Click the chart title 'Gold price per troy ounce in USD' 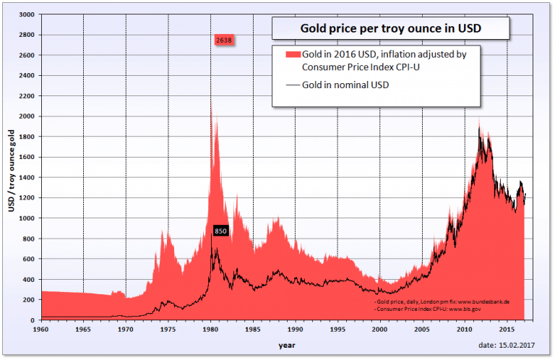[391, 30]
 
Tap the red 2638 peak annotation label [223, 40]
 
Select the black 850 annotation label [221, 231]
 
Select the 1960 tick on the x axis [41, 329]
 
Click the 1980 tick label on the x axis [210, 329]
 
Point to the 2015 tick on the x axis [507, 329]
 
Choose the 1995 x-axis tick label [337, 329]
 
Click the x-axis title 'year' [287, 345]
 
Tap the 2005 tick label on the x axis [422, 329]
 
